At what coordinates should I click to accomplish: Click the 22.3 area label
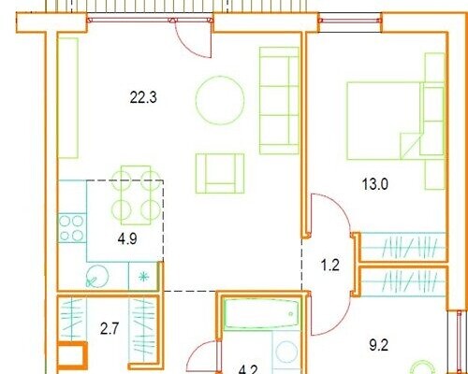[143, 97]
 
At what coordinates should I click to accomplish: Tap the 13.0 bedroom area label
[375, 184]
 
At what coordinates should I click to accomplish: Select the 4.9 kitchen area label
[127, 239]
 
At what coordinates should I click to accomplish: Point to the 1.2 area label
[329, 266]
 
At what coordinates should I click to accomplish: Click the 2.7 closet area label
[110, 328]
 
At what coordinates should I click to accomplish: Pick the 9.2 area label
[378, 345]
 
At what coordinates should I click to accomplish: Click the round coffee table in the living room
[220, 100]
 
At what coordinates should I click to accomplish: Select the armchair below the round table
[220, 173]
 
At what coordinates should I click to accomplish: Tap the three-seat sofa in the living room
[279, 100]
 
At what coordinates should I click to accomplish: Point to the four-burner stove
[72, 228]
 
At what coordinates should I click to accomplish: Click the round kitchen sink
[97, 277]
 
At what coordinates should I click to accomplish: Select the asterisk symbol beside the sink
[143, 277]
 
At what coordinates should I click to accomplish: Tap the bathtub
[261, 313]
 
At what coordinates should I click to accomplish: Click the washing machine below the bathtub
[286, 352]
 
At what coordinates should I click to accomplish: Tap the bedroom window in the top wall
[350, 21]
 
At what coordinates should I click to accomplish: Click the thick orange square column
[72, 355]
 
